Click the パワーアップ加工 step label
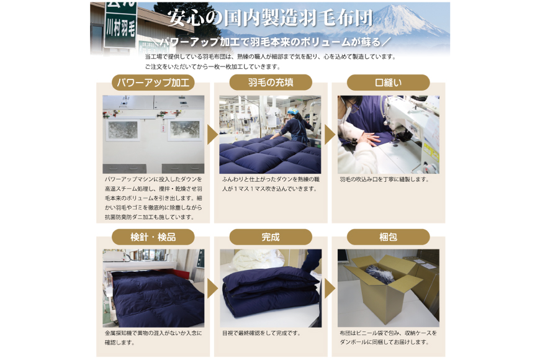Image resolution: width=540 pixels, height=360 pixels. tap(153, 83)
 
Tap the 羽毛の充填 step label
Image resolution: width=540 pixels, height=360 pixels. tap(271, 83)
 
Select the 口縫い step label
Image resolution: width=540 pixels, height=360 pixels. tap(388, 83)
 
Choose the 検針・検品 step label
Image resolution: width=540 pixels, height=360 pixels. tap(153, 237)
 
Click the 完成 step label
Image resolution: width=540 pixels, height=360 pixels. tap(271, 237)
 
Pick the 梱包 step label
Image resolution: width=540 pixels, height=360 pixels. tap(388, 237)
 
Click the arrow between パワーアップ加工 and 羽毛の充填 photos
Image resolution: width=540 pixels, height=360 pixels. tap(212, 134)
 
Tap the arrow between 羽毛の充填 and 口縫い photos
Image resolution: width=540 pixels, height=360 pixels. tap(330, 134)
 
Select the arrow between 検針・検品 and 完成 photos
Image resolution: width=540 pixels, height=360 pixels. tap(212, 289)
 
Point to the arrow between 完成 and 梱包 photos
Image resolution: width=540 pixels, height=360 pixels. tap(330, 289)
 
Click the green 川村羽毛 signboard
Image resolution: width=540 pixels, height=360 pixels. tap(120, 24)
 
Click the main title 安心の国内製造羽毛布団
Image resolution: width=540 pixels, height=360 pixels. tap(271, 17)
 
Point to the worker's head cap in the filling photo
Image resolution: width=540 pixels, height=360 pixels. tap(293, 111)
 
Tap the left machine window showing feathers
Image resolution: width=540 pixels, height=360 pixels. tap(123, 130)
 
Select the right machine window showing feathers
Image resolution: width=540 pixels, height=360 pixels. tap(184, 130)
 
